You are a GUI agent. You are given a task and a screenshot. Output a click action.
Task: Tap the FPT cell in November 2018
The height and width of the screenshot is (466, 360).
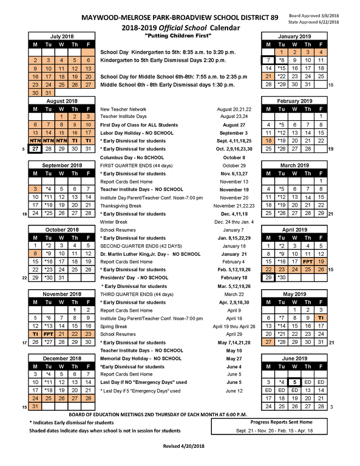[x=48, y=334]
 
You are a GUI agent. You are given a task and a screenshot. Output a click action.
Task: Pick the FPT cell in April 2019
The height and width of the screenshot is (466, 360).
[x=308, y=261]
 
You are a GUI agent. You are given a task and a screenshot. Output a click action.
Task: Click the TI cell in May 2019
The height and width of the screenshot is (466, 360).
[x=321, y=317]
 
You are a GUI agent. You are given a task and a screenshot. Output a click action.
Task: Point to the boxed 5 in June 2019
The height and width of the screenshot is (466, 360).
[x=294, y=382]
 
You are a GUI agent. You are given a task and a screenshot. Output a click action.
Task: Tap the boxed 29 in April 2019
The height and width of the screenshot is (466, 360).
[x=268, y=277]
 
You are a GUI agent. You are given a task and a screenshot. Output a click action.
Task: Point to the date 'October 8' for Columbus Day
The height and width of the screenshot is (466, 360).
[x=230, y=157]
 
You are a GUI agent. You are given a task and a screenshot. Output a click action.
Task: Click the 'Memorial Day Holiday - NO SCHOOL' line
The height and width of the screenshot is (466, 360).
[x=140, y=358]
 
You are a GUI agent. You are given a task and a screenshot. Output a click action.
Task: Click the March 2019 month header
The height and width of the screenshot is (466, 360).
[x=294, y=164]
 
